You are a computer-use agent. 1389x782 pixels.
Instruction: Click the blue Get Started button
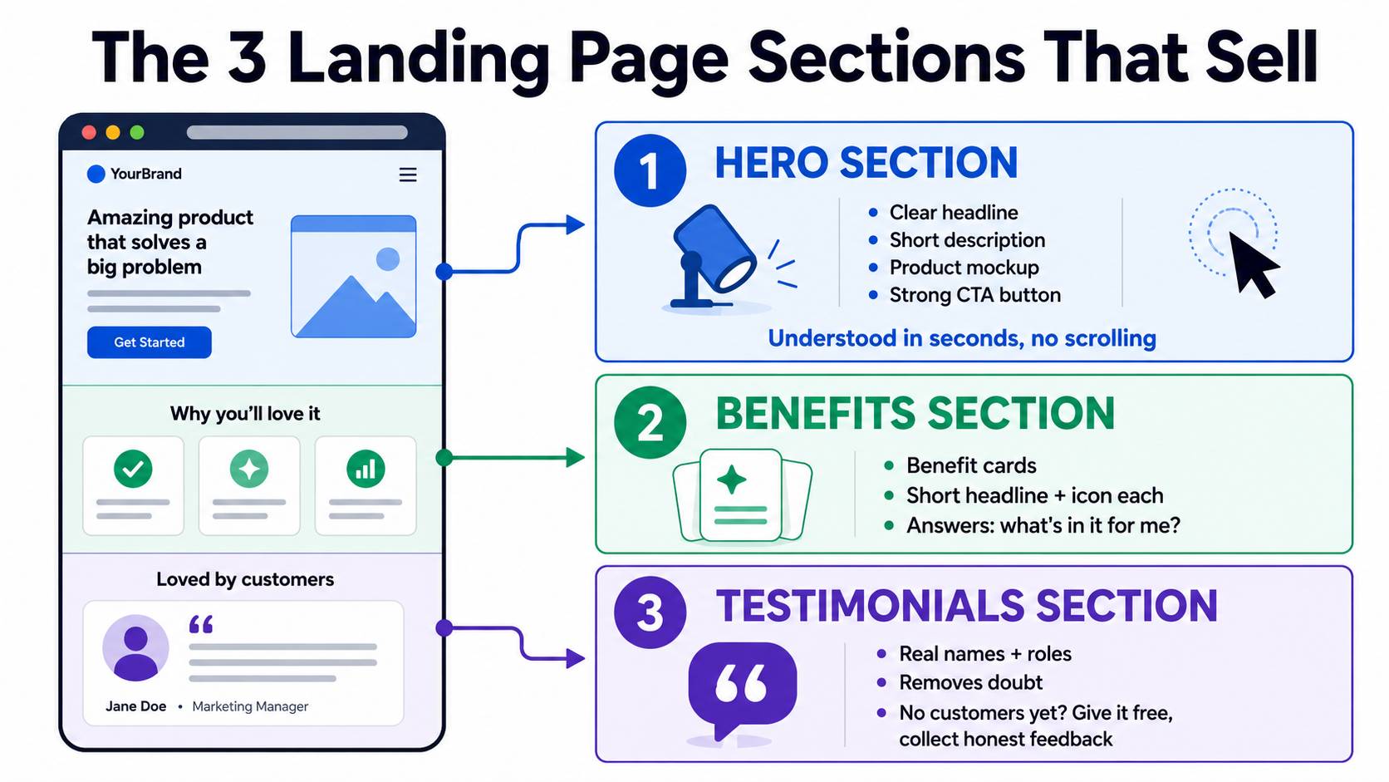point(149,342)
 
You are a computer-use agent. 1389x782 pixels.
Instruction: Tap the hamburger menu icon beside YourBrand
point(407,175)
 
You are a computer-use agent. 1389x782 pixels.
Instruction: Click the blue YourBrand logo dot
point(96,175)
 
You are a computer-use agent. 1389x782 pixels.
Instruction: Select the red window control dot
point(89,132)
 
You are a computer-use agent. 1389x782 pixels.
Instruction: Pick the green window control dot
point(137,132)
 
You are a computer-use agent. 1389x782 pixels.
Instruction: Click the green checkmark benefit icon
point(133,469)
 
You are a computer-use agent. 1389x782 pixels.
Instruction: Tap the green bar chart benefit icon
point(366,469)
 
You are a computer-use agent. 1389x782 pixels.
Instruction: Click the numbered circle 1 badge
point(650,170)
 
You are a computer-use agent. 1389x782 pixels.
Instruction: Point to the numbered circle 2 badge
point(650,422)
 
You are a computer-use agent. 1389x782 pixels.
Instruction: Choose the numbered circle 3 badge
point(650,612)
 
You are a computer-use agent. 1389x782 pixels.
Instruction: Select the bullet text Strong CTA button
point(974,295)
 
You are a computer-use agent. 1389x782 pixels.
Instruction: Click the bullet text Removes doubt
point(970,683)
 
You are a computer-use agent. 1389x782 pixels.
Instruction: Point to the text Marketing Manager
point(250,706)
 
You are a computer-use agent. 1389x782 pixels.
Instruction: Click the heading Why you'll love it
point(245,414)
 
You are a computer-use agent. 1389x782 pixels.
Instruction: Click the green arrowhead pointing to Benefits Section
point(576,458)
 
